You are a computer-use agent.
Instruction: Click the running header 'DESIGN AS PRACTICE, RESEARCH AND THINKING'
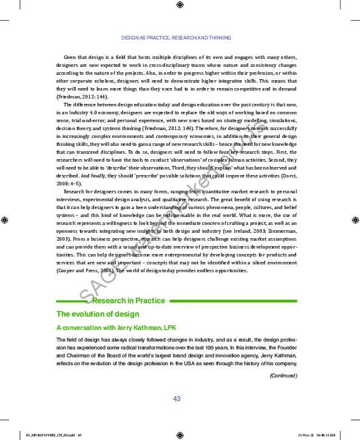click(x=176, y=38)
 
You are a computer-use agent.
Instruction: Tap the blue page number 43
click(x=177, y=399)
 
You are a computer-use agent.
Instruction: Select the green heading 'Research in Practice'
click(x=129, y=301)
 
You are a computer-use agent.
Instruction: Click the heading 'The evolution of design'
click(x=98, y=314)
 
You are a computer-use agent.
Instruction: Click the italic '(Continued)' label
click(x=284, y=376)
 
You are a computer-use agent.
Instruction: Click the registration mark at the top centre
click(x=180, y=5)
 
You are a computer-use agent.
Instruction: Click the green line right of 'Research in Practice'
click(x=233, y=301)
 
